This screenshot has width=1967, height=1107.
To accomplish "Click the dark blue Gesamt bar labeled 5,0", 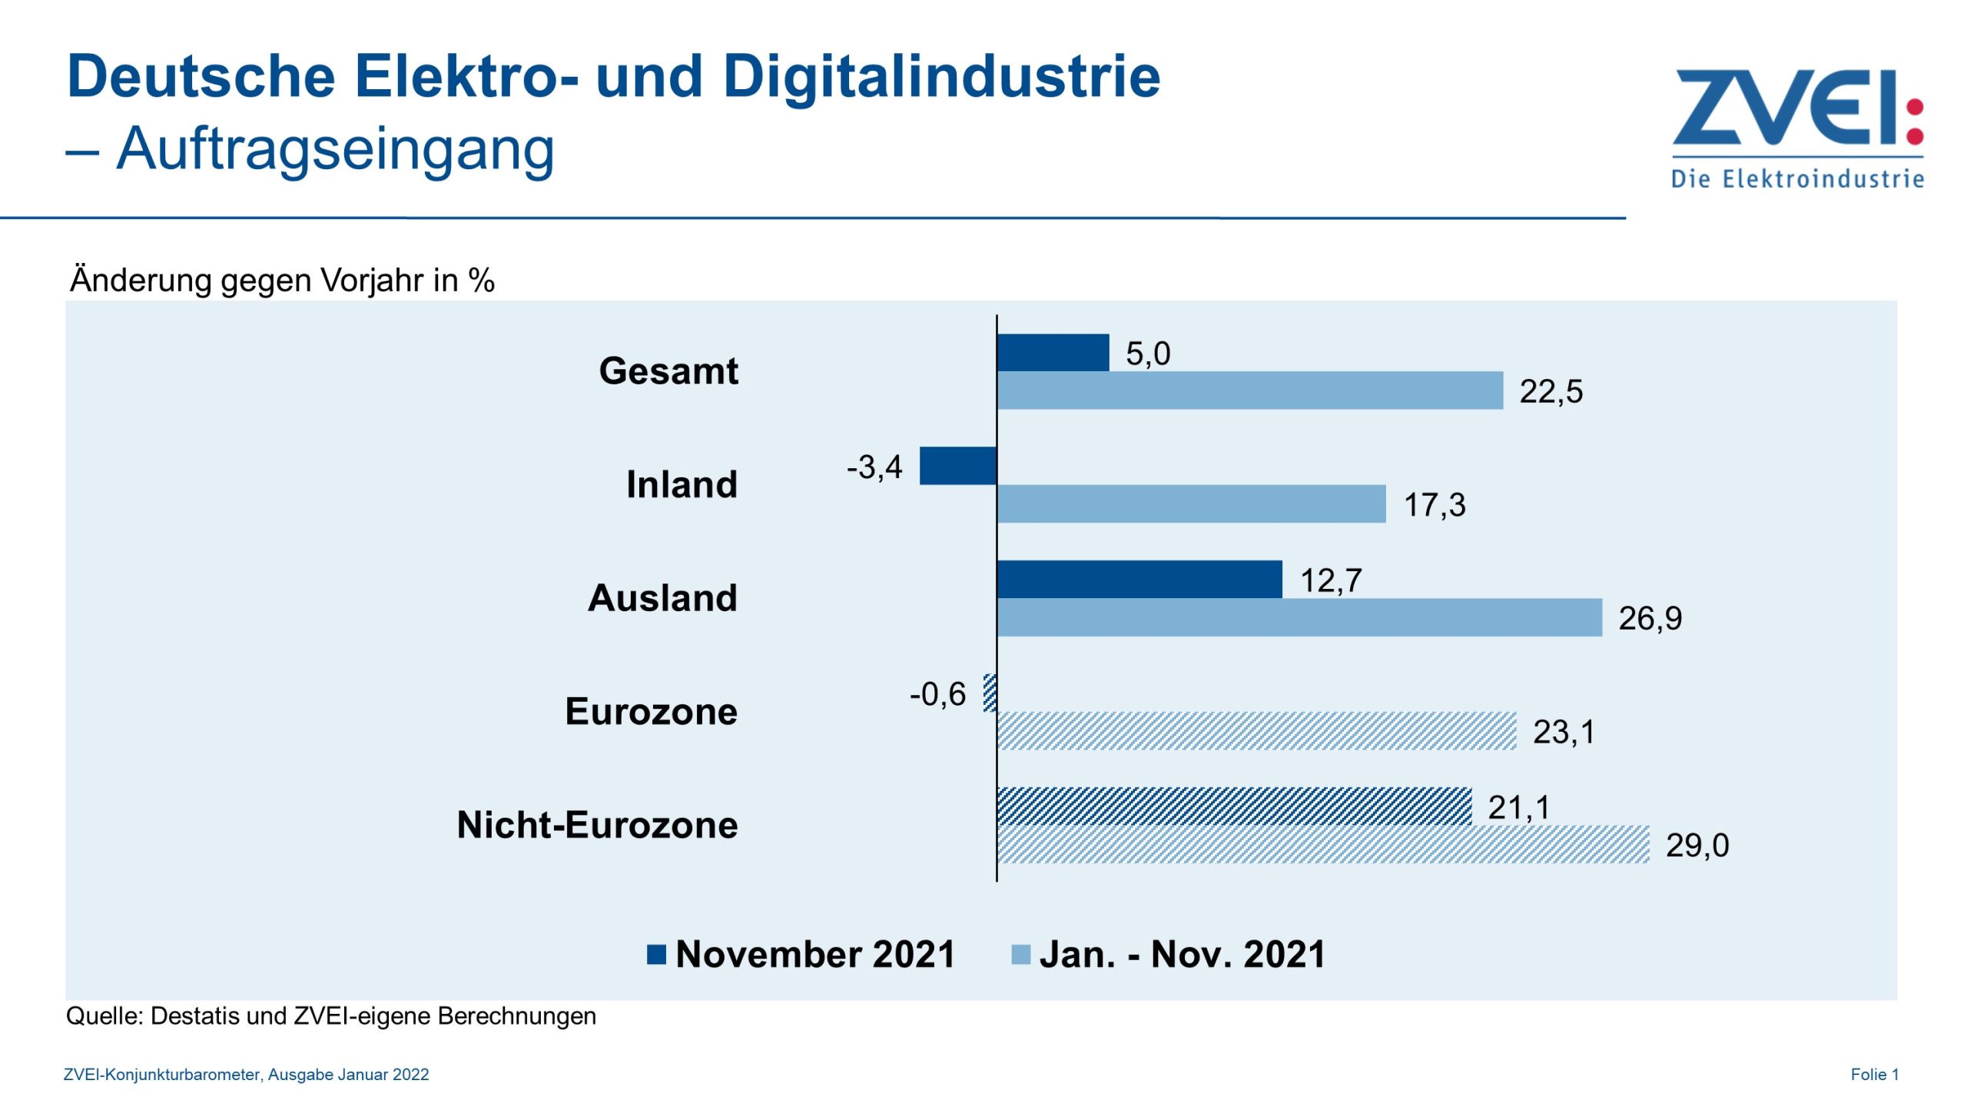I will [x=1053, y=353].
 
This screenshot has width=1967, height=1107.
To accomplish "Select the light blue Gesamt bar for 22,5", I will [x=1249, y=391].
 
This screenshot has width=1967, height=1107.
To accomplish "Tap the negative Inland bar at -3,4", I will [x=957, y=466].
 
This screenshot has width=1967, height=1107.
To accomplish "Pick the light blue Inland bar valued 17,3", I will [x=1191, y=504].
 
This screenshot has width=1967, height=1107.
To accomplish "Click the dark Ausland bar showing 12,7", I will [x=1139, y=579].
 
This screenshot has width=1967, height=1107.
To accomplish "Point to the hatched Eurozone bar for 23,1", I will [x=1256, y=731].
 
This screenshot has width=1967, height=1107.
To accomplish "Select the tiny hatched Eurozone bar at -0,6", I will [x=990, y=693].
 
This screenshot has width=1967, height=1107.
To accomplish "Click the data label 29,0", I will [x=1697, y=846].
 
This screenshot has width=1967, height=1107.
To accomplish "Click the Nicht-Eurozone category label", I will [x=597, y=825].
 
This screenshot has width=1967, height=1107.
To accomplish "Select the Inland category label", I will [x=682, y=484].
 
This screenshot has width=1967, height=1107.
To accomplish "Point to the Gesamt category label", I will [x=668, y=371].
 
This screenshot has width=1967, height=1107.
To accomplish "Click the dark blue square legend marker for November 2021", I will [x=656, y=954].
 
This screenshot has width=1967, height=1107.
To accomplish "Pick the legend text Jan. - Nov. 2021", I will [x=1182, y=954].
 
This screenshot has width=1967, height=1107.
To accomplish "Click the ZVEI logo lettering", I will [x=1783, y=108].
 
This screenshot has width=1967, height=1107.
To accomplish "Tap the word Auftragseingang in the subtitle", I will [x=335, y=148].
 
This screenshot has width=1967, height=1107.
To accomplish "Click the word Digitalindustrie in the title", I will [x=941, y=77].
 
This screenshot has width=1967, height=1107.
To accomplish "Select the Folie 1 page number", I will [x=1874, y=1075].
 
